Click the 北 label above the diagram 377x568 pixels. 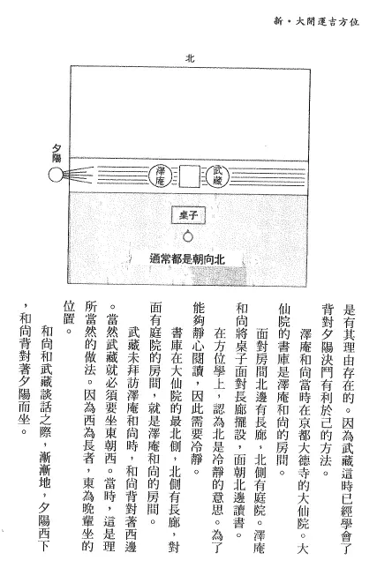(190, 58)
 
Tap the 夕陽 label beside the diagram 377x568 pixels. (57, 153)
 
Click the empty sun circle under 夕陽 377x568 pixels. (56, 175)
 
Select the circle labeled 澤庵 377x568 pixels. (160, 176)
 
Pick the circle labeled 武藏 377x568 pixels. (217, 176)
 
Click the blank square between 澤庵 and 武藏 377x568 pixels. (189, 176)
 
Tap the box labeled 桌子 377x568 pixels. (188, 215)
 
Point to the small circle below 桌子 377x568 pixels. (188, 236)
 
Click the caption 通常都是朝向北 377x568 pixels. (187, 259)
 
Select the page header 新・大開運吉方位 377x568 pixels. (316, 21)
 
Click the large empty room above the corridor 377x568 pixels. (190, 112)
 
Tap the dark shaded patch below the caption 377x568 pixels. (217, 274)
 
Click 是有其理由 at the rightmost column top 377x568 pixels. (348, 330)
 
